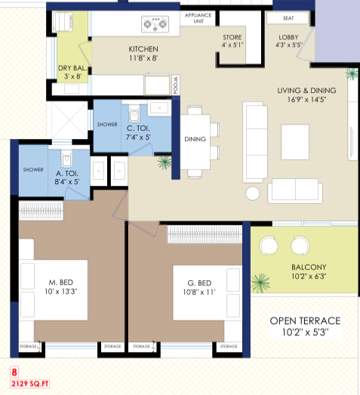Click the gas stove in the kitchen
[155, 24]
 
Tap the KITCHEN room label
[143, 49]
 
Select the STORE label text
[232, 37]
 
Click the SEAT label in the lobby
[288, 18]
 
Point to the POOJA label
[176, 85]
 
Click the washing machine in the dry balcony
[63, 21]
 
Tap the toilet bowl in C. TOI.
[134, 113]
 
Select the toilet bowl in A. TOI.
[66, 158]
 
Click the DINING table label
[195, 139]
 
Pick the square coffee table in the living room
[295, 142]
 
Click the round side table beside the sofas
[253, 193]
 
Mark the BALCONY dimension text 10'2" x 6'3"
[309, 276]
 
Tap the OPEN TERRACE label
[305, 321]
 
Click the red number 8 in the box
[14, 372]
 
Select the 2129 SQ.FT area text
[29, 384]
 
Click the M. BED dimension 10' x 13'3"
[61, 292]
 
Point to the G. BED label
[199, 283]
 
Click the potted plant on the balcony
[260, 283]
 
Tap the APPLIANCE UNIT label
[198, 18]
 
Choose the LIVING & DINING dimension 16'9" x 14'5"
[306, 100]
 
